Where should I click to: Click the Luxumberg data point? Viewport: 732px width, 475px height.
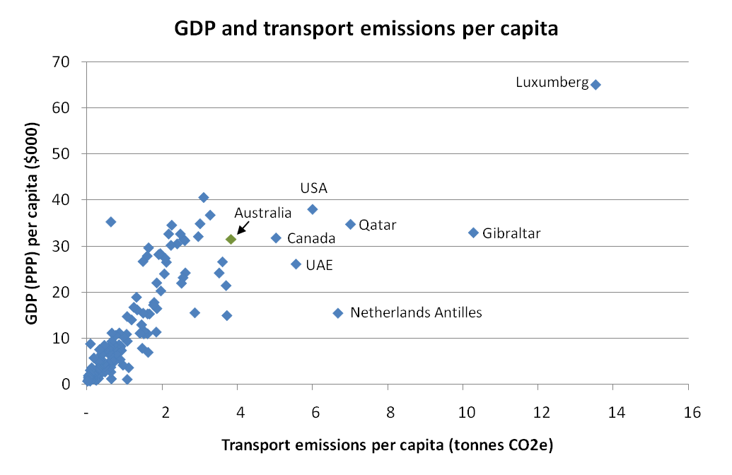pos(596,85)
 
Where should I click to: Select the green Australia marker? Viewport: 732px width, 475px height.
pos(231,240)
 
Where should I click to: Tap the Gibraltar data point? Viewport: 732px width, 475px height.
pos(474,233)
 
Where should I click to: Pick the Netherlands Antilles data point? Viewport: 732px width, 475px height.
pos(338,313)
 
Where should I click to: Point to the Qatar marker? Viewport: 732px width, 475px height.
pos(350,224)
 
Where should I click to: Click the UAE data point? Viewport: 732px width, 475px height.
pos(296,264)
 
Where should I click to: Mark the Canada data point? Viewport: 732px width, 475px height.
pos(276,238)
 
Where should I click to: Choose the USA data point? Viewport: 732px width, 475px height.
pos(313,209)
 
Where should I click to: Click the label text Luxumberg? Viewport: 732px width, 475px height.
pos(552,83)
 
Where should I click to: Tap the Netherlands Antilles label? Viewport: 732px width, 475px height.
pos(416,312)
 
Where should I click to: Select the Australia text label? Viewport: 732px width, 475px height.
pos(262,213)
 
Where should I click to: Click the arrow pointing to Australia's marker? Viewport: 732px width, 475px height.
pos(242,228)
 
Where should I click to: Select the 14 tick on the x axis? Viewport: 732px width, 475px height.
pos(613,412)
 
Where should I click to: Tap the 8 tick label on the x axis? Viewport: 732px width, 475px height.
pos(388,412)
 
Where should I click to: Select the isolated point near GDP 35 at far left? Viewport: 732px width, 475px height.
pos(110,222)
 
